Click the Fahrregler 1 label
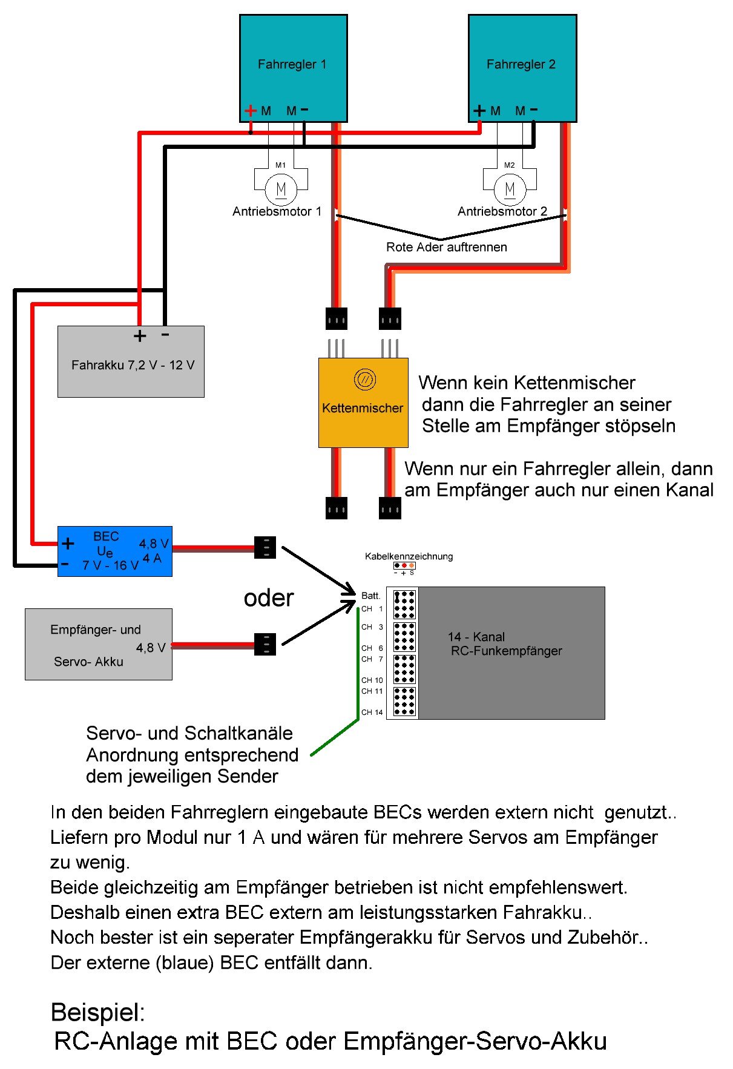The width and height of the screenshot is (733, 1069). tap(292, 64)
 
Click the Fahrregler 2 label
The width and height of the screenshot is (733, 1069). tap(521, 64)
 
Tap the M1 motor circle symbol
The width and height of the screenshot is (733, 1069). tap(281, 189)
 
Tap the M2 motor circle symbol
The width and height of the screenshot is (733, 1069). tap(510, 189)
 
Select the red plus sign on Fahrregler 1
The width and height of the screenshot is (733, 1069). tap(250, 111)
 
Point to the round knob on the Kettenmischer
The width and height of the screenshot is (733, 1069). tap(364, 380)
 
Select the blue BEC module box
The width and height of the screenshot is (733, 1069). tap(114, 551)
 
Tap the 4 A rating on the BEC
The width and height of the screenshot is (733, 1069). tap(152, 558)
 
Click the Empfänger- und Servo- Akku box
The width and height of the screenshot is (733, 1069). tap(98, 644)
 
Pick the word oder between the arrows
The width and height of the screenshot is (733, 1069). tap(268, 598)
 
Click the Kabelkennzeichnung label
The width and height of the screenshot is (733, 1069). tap(409, 556)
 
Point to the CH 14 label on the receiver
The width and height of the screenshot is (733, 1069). tap(372, 712)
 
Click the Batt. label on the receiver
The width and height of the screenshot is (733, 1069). tap(370, 596)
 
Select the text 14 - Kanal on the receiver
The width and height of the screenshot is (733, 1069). tap(476, 637)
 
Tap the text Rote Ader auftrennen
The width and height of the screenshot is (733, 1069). tap(446, 247)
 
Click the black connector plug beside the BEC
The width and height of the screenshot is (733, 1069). tap(265, 547)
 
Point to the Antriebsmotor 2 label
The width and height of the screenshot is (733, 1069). tap(502, 211)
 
